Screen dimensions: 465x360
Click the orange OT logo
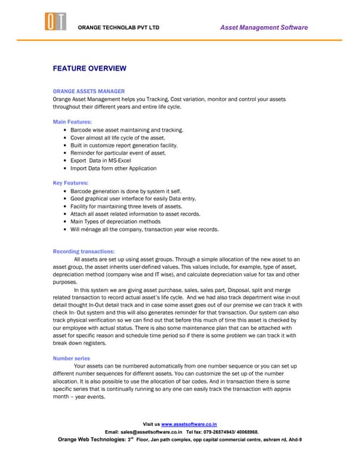57,23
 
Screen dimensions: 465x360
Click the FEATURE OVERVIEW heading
89,68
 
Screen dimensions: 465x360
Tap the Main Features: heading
72,121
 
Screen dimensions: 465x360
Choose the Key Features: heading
71,182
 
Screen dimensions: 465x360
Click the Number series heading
71,358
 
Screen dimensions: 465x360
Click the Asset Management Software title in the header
263,28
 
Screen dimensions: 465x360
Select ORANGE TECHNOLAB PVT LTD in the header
118,28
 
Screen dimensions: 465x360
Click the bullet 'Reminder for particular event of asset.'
118,153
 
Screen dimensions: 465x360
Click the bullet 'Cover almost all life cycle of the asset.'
118,137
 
